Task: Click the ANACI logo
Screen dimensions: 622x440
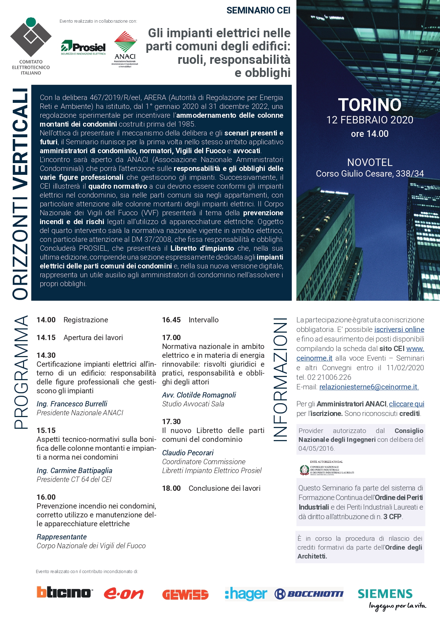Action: pyautogui.click(x=125, y=49)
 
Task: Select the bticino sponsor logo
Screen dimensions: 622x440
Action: pyautogui.click(x=64, y=592)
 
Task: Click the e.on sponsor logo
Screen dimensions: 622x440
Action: pyautogui.click(x=123, y=594)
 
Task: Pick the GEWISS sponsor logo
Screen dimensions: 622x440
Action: pyautogui.click(x=185, y=594)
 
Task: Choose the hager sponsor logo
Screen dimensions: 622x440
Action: pyautogui.click(x=246, y=594)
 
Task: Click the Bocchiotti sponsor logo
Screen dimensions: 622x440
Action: pyautogui.click(x=309, y=594)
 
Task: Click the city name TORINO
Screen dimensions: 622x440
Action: pyautogui.click(x=369, y=105)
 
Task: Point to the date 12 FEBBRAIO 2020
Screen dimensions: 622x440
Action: pyautogui.click(x=369, y=120)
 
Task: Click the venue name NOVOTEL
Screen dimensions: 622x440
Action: pyautogui.click(x=369, y=162)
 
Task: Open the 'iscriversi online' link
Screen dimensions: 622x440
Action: pyautogui.click(x=399, y=329)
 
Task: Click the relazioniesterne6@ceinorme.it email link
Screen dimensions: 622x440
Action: pyautogui.click(x=369, y=387)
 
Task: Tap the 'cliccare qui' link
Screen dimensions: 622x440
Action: pyautogui.click(x=406, y=404)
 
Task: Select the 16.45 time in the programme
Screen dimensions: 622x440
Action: pyautogui.click(x=171, y=320)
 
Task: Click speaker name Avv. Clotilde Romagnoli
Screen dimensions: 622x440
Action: pyautogui.click(x=199, y=395)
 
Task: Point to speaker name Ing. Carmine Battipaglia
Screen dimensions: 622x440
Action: pyautogui.click(x=74, y=471)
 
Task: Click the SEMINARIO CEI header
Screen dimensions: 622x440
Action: pyautogui.click(x=258, y=11)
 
